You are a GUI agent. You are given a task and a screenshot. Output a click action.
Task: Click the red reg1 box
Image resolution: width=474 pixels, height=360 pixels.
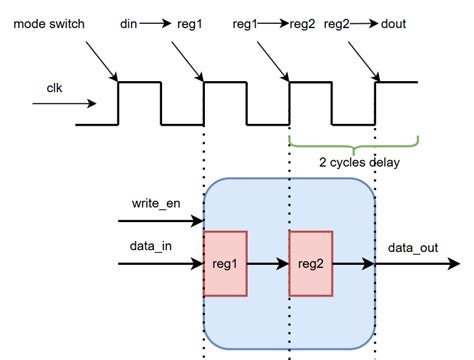click(224, 263)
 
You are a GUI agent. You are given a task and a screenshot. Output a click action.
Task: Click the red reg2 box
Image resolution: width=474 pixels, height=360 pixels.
click(310, 263)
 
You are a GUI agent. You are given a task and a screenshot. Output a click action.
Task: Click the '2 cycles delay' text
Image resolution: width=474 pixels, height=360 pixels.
click(354, 161)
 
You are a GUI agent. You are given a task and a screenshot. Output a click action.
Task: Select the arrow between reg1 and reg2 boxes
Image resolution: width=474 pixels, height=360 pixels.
click(267, 264)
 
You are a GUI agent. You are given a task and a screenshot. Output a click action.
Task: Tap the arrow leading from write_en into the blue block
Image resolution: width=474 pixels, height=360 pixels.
click(160, 222)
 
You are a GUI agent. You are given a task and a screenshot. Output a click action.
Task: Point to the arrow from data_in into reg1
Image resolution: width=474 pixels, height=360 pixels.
click(160, 264)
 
